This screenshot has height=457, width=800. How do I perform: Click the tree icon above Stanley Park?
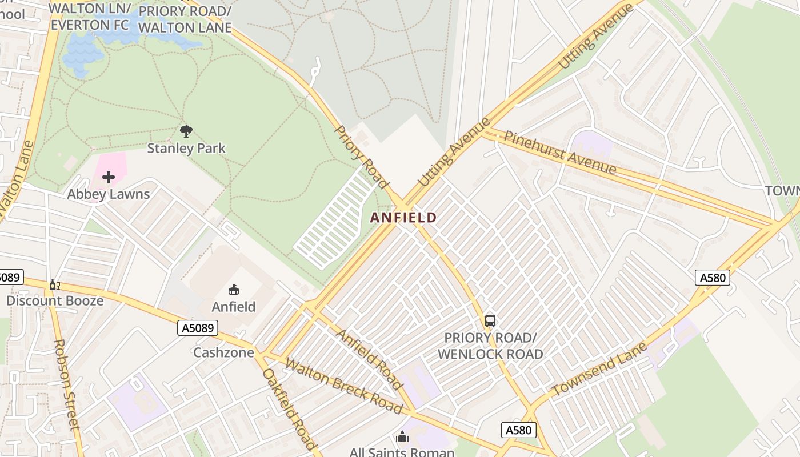coord(186,131)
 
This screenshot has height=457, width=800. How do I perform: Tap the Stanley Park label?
coord(186,149)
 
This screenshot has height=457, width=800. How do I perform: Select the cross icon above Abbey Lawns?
coord(109,177)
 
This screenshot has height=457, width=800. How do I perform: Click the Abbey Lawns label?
coord(109,194)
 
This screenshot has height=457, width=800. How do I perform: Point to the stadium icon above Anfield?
coord(234,290)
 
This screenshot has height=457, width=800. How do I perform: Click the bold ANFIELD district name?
coord(403,218)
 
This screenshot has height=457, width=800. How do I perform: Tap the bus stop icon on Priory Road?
coord(490,321)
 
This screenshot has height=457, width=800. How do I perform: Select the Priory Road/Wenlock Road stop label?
coord(490,346)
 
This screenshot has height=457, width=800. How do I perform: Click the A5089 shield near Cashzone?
coord(198,328)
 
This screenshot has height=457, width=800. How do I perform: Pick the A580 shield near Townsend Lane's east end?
coord(713,278)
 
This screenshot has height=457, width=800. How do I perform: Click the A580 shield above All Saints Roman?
coord(518,430)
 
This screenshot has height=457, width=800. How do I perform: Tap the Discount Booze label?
coord(55,300)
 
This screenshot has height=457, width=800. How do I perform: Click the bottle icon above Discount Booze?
coord(55,285)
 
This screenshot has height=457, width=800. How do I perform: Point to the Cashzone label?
coord(223,352)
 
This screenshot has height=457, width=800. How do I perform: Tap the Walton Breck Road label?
coord(343,386)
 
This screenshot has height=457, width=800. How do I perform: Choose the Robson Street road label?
coord(66,384)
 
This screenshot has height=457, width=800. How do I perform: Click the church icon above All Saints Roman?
coord(402,437)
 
